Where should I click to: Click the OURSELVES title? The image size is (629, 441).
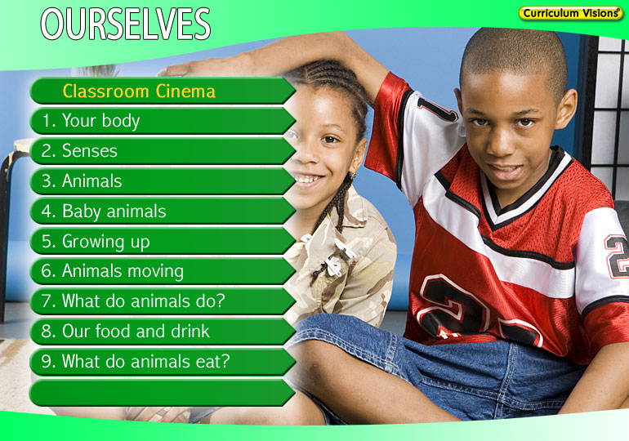(x=126, y=24)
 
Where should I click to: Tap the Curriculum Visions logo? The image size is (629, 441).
(x=570, y=13)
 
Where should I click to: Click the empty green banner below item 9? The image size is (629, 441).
(x=163, y=393)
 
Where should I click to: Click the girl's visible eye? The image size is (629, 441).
(x=330, y=139)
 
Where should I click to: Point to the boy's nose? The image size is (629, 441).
(x=502, y=142)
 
